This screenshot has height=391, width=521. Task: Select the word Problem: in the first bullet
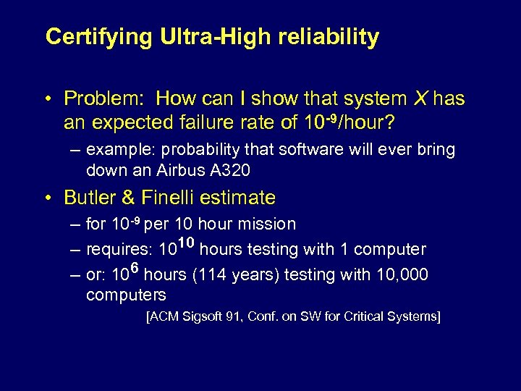[106, 98]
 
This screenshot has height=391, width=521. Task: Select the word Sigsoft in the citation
[202, 316]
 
